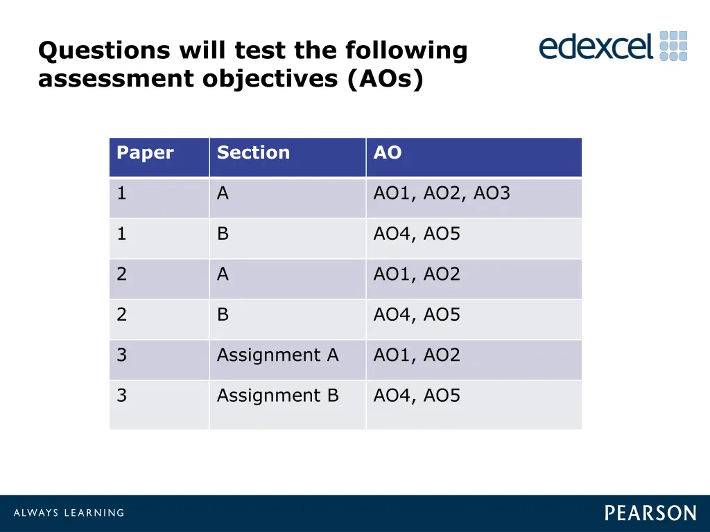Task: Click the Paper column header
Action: (145, 153)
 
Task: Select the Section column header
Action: (253, 153)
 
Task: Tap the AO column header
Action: (388, 153)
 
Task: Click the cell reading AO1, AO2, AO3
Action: (442, 194)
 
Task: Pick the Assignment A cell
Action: (277, 355)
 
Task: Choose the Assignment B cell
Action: (277, 396)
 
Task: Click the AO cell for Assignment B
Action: (417, 396)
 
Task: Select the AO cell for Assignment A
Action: (417, 355)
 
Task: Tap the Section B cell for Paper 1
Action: (223, 234)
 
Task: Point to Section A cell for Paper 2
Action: (223, 274)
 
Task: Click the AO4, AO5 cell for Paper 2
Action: (417, 315)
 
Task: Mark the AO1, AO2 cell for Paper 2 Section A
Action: (417, 274)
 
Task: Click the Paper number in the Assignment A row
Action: (122, 355)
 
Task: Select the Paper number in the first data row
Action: (122, 194)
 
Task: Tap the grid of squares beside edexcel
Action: (673, 46)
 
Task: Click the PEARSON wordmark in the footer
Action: (650, 513)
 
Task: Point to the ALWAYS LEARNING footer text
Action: (69, 513)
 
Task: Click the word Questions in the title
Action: (103, 51)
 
